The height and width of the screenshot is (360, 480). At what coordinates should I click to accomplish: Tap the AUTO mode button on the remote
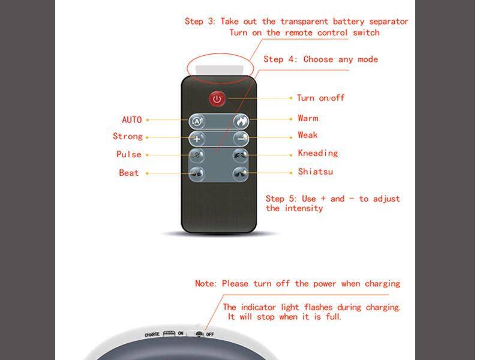[x=197, y=121]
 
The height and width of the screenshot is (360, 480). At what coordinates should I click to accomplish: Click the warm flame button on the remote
[x=241, y=121]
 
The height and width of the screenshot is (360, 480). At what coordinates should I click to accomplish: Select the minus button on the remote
[x=241, y=138]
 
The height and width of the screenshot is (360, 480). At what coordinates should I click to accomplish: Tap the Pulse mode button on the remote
[x=197, y=156]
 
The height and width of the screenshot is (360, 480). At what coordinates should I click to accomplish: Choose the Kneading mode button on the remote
[x=241, y=156]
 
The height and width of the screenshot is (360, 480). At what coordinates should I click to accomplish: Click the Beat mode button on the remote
[x=197, y=174]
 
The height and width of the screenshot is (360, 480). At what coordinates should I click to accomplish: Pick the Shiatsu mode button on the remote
[x=241, y=174]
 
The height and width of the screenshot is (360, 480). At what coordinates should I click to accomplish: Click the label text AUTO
[x=132, y=120]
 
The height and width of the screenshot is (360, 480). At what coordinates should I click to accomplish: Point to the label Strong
[x=128, y=137]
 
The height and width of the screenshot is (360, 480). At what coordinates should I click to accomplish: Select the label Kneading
[x=317, y=154]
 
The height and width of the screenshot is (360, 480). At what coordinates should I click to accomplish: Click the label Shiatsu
[x=315, y=172]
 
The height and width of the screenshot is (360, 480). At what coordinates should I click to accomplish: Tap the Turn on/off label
[x=320, y=98]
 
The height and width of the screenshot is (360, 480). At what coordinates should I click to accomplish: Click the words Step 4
[x=281, y=59]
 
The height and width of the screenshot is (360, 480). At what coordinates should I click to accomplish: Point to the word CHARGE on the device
[x=152, y=334]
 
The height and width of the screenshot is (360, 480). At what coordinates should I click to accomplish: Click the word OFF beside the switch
[x=210, y=334]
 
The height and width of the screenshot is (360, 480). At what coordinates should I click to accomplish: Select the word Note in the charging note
[x=206, y=284]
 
